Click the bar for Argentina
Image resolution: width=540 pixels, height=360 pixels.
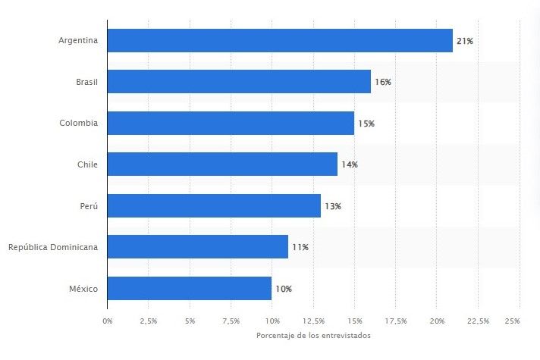tap(280, 40)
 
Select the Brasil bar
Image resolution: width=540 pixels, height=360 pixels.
tap(239, 81)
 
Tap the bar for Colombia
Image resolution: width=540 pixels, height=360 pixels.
tap(231, 123)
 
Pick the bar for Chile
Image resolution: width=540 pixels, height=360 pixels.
tap(222, 164)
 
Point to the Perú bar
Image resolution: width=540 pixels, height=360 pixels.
tap(214, 205)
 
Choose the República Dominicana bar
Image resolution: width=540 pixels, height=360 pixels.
tap(197, 246)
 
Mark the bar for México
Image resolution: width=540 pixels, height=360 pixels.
tap(190, 288)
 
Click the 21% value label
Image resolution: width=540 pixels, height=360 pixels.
tap(464, 40)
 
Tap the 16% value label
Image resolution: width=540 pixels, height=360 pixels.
tap(382, 82)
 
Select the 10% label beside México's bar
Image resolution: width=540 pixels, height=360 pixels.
tap(283, 289)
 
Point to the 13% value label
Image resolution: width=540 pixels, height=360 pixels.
tap(332, 206)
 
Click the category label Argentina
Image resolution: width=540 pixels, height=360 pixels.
tap(78, 40)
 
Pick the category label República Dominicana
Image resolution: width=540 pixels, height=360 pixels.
tap(53, 247)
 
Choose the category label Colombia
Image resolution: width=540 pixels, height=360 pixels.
tap(79, 123)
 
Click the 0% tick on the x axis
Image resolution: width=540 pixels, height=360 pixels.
tap(107, 321)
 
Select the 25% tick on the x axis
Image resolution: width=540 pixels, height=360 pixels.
tap(512, 321)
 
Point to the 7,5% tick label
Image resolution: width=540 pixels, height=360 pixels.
tap(231, 321)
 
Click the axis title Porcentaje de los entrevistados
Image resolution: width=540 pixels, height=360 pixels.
tap(313, 336)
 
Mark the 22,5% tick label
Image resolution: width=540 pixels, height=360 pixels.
tap(478, 321)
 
